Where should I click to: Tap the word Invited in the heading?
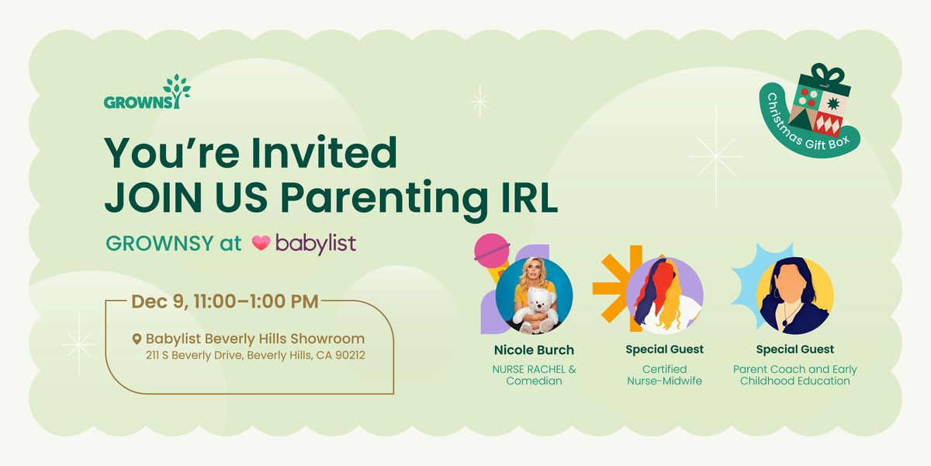(335, 152)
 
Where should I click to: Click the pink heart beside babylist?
(261, 243)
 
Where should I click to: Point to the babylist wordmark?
(315, 243)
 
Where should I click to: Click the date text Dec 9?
(159, 301)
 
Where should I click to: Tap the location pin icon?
(137, 339)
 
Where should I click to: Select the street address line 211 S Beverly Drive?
(256, 356)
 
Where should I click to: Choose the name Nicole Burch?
(534, 349)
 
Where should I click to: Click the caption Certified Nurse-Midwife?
(664, 374)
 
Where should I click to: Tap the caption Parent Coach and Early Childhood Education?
(795, 374)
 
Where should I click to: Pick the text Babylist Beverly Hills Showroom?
(255, 339)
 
